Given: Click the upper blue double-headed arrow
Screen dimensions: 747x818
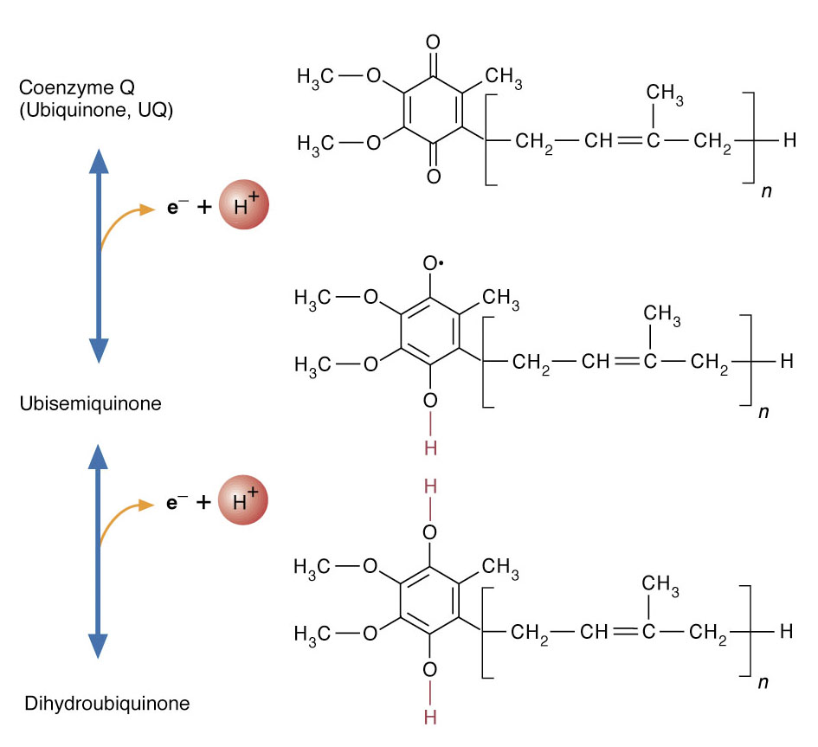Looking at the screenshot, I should tap(100, 256).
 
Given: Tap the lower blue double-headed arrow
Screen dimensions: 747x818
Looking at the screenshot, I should tap(100, 551).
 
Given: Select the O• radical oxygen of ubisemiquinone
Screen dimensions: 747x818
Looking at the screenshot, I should tap(433, 263).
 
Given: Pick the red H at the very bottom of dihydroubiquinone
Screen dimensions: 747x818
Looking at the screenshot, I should tap(431, 718).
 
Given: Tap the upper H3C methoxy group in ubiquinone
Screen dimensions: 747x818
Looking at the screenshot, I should tap(317, 77).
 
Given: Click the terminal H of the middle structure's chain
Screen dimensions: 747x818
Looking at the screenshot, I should tap(787, 362).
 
